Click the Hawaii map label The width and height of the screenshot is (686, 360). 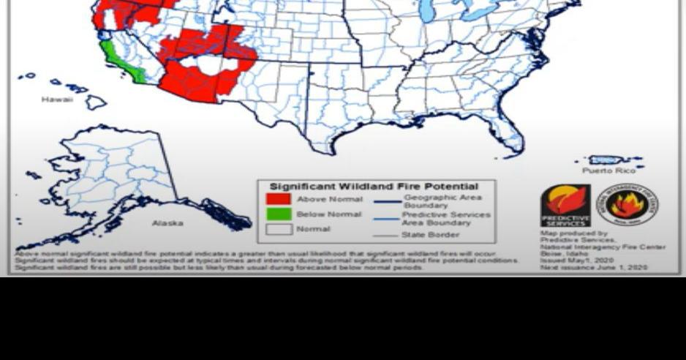[x=56, y=100]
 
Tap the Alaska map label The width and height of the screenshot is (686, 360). [x=167, y=223]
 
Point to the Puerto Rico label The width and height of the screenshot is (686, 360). [x=608, y=170]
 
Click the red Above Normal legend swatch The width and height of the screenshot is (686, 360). [x=278, y=199]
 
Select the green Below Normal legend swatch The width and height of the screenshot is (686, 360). [x=278, y=214]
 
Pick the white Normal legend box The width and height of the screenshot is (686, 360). [x=278, y=229]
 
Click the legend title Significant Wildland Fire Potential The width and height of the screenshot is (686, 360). [x=374, y=187]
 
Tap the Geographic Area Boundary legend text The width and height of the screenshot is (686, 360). [x=442, y=201]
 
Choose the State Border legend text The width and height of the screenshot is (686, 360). [x=430, y=235]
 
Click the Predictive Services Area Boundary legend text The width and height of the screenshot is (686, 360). [x=446, y=218]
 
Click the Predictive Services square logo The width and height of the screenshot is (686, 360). [x=565, y=206]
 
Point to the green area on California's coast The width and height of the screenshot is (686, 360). [x=119, y=63]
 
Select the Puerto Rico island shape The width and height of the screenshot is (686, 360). [x=606, y=160]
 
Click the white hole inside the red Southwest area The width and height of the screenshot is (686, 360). [x=208, y=64]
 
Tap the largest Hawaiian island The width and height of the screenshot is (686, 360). [x=95, y=102]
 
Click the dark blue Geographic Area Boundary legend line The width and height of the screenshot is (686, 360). [x=388, y=201]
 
